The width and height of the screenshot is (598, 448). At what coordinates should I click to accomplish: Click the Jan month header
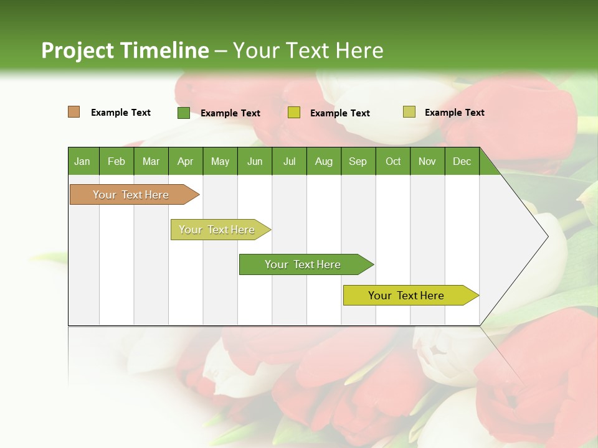[82, 161]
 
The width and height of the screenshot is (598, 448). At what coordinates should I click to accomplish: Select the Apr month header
[185, 161]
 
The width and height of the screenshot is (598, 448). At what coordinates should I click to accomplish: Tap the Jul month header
[289, 161]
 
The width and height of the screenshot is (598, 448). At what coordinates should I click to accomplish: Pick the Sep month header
[358, 161]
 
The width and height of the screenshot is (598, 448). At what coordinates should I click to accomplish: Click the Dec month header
[462, 161]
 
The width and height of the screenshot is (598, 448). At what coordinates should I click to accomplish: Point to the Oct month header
[393, 161]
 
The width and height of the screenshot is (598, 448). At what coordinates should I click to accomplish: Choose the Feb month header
[116, 161]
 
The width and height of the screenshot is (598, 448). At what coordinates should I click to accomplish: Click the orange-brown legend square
[74, 112]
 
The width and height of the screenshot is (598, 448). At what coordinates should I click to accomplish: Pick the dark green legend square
[184, 113]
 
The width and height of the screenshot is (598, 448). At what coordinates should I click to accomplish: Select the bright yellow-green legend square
[294, 113]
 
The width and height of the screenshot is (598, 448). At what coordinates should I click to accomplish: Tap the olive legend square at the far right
[409, 112]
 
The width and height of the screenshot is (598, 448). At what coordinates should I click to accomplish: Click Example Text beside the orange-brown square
[121, 113]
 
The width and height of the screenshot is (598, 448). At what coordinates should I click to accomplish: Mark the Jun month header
[255, 161]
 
